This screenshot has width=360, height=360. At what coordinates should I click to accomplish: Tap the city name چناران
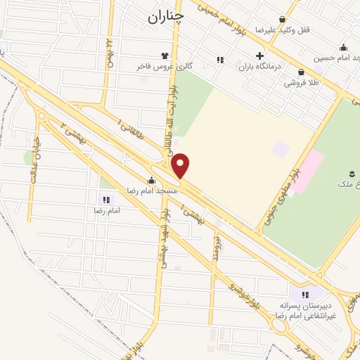166,17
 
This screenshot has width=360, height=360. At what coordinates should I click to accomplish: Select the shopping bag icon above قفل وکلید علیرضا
282,20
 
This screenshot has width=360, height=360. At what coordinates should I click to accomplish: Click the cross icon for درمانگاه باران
259,56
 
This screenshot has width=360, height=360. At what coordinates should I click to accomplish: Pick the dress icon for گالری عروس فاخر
165,55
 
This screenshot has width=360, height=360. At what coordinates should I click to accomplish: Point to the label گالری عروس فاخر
164,66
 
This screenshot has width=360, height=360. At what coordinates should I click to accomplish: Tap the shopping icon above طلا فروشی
301,71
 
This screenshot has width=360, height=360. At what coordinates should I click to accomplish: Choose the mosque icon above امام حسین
343,48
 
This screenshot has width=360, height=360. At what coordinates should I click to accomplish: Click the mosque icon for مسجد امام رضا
151,180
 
